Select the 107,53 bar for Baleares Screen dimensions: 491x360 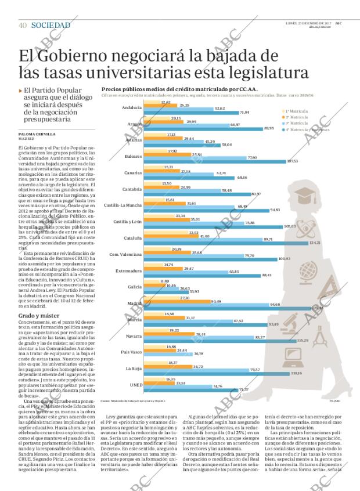221,161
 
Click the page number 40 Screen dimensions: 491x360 23,25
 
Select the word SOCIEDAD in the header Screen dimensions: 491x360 51,25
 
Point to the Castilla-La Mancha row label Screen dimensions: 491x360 124,205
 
